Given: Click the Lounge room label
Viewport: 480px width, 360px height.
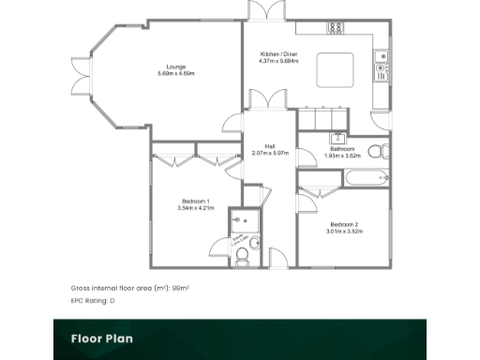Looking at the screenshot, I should pos(175,67).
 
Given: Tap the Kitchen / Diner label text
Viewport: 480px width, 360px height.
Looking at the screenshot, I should pos(279,54).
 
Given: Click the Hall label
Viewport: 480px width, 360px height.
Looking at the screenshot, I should pos(270,146).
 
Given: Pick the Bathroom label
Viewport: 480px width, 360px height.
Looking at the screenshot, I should pos(340,148).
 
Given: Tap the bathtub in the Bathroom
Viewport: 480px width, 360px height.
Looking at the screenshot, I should pos(367,176).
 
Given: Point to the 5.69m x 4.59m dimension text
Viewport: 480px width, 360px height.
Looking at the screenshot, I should pos(175,73).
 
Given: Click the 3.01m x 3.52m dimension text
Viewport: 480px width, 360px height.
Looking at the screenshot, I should pos(343,231).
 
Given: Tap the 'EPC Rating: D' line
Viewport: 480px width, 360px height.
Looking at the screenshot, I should pos(92,301).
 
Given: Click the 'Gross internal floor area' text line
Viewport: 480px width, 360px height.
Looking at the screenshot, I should pos(129,288).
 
